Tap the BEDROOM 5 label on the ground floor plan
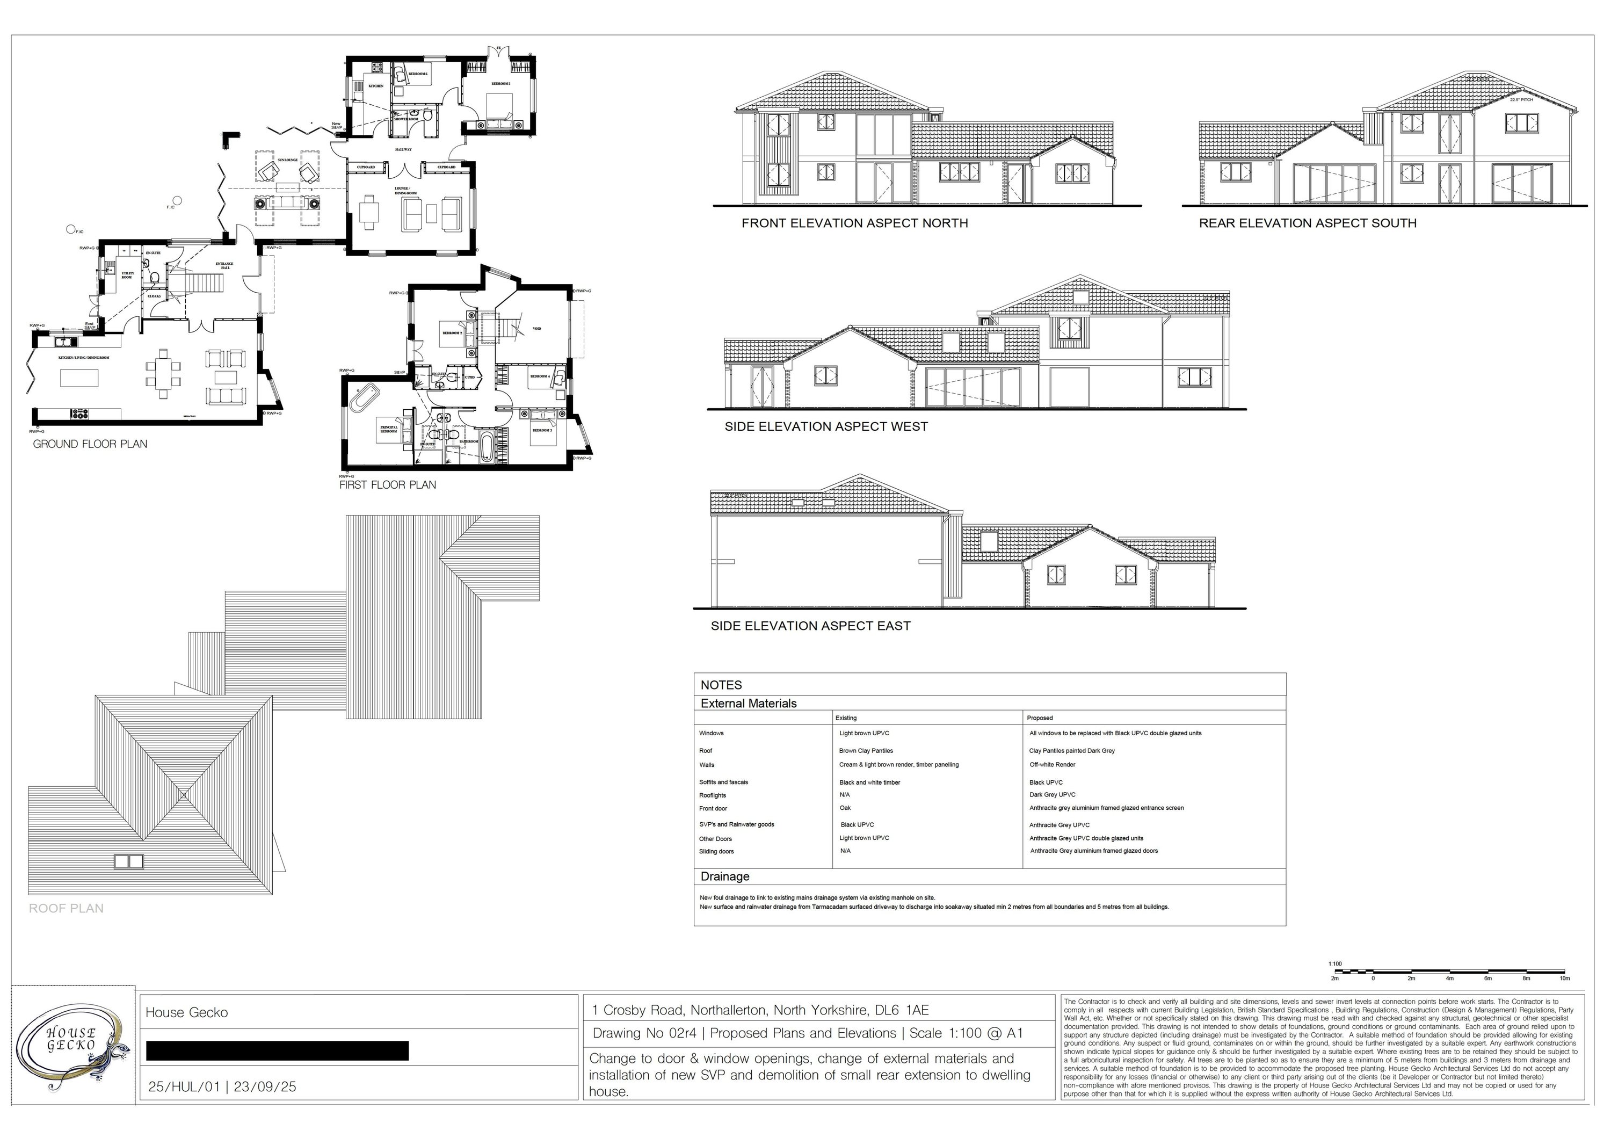tap(500, 83)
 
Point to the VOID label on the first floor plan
tap(537, 328)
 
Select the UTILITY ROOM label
tap(127, 275)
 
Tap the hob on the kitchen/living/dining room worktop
tap(79, 413)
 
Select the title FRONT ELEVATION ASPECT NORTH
tap(854, 223)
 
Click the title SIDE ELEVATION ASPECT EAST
tap(810, 626)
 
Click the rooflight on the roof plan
tap(128, 861)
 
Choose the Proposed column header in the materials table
tap(1039, 717)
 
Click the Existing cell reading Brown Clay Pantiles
tap(866, 751)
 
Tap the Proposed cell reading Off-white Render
tap(1052, 765)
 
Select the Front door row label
tap(713, 808)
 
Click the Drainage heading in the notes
tap(725, 876)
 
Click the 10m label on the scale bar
tap(1564, 978)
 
